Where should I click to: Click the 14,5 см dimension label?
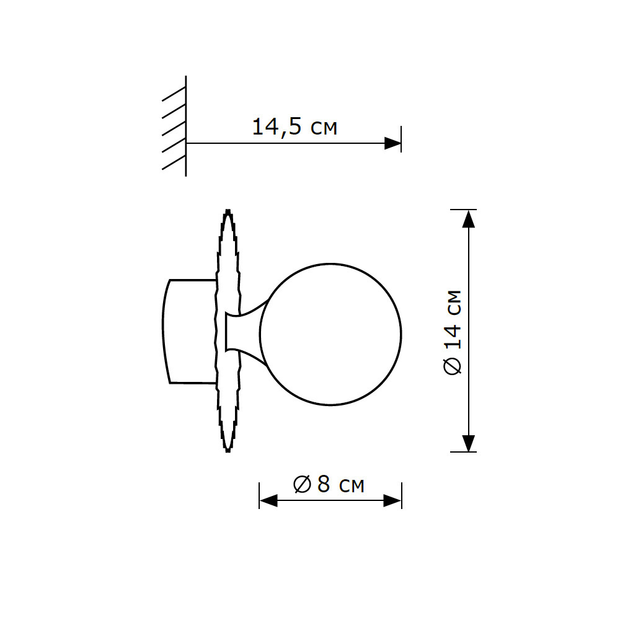(x=294, y=127)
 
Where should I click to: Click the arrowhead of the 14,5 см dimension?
(x=392, y=143)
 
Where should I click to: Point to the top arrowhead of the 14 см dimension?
(x=469, y=218)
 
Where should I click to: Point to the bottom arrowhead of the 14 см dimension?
(x=469, y=443)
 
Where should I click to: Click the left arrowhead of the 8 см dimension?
(x=268, y=501)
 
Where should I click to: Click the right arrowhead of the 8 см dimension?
(x=392, y=501)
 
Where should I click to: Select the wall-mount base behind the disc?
(x=189, y=331)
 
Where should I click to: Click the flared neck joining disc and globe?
(x=245, y=331)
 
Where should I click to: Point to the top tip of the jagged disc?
(x=228, y=211)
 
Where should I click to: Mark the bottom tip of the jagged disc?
(x=228, y=451)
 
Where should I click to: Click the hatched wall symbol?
(x=175, y=127)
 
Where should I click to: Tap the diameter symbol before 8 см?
(x=302, y=484)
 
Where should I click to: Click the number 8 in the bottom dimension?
(x=323, y=484)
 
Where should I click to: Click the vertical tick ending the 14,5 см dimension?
(x=401, y=139)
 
